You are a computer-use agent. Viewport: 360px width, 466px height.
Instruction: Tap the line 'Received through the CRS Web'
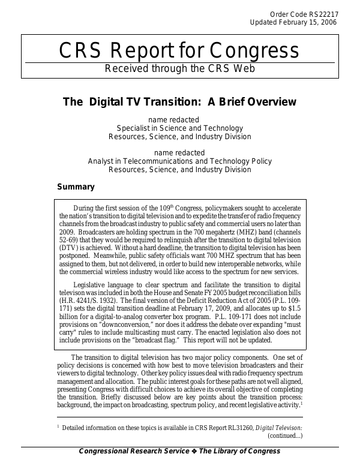tap(179, 68)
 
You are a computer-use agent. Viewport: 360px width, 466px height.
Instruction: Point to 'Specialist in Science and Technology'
tap(179, 128)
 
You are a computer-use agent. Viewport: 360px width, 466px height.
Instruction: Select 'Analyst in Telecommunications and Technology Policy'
tap(179, 161)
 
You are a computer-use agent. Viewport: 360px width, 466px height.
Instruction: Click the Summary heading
tap(76, 187)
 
